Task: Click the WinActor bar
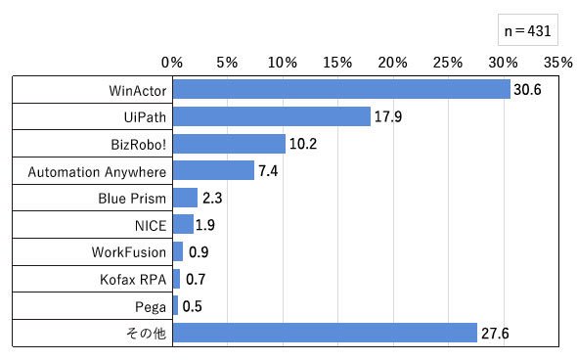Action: pyautogui.click(x=341, y=89)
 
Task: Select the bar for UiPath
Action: pyautogui.click(x=272, y=116)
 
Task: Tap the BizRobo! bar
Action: pyautogui.click(x=229, y=144)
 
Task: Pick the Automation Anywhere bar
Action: pyautogui.click(x=213, y=170)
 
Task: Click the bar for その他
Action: pyautogui.click(x=325, y=333)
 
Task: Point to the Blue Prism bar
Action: pyautogui.click(x=185, y=198)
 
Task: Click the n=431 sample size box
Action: pyautogui.click(x=528, y=29)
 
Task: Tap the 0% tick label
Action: pyautogui.click(x=172, y=63)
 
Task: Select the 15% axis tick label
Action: pyautogui.click(x=337, y=63)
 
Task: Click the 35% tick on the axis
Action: pyautogui.click(x=558, y=63)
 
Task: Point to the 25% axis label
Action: pyautogui.click(x=448, y=63)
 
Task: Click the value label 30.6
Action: pyautogui.click(x=527, y=89)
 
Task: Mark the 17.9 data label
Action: pyautogui.click(x=388, y=116)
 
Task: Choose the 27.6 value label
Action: pyautogui.click(x=495, y=334)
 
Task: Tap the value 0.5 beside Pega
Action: pyautogui.click(x=192, y=306)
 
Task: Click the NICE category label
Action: pyautogui.click(x=151, y=226)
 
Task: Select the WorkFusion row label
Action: pyautogui.click(x=129, y=252)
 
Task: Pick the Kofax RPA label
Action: pyautogui.click(x=133, y=280)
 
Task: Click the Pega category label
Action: pyautogui.click(x=151, y=307)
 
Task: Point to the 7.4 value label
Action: pyautogui.click(x=268, y=171)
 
